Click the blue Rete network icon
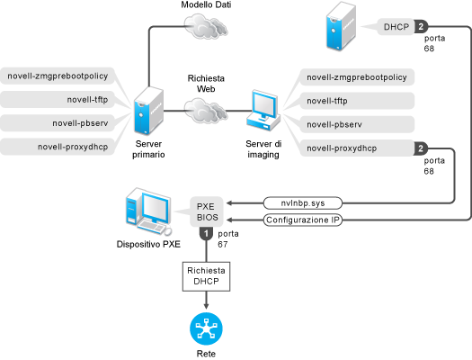206,329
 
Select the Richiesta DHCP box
206,276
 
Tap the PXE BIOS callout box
207,211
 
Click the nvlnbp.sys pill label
303,203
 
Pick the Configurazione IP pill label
303,220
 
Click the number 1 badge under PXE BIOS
206,234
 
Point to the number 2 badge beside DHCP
421,27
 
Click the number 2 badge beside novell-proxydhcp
421,148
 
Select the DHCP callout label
396,27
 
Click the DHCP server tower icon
341,26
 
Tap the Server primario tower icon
148,111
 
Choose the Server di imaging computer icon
263,111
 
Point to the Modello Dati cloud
206,26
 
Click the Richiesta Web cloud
206,111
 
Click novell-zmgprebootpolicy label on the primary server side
58,76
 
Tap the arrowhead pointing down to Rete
206,306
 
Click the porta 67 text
227,238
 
